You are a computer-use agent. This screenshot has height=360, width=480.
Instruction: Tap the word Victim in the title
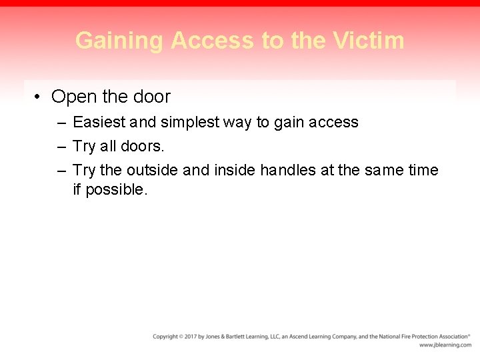[370, 41]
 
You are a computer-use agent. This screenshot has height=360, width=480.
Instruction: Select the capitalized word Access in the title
[213, 41]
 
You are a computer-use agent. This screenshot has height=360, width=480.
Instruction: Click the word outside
[152, 170]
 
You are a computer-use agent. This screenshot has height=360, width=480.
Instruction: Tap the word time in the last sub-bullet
[423, 170]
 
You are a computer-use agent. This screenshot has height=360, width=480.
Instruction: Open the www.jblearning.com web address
[445, 345]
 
